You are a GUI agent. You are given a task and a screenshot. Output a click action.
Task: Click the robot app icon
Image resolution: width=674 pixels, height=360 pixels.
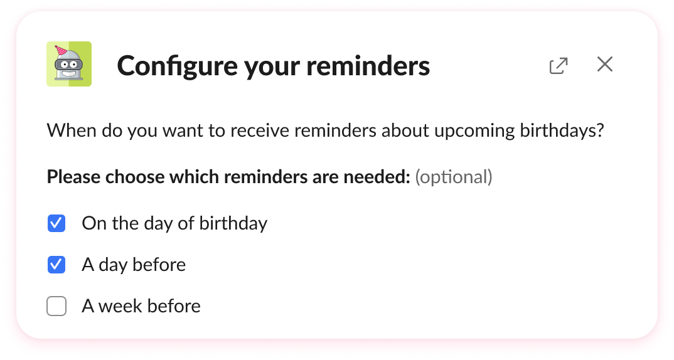pos(69,64)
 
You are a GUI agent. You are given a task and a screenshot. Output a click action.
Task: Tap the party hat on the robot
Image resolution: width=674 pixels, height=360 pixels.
pos(61,50)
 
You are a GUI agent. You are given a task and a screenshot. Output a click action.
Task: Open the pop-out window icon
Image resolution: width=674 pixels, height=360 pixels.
pos(558,65)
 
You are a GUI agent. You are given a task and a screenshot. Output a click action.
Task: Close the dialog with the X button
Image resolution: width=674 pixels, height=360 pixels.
pos(604,64)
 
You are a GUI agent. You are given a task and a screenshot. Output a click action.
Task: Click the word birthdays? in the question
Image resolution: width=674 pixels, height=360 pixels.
pos(562,131)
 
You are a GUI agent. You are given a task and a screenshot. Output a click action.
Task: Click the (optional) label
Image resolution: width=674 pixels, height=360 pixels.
pos(454,177)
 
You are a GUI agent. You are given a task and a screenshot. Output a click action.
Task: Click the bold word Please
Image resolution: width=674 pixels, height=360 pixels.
pos(73,177)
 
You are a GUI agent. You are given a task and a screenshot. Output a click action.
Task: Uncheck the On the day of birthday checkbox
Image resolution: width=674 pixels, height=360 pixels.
pos(56,223)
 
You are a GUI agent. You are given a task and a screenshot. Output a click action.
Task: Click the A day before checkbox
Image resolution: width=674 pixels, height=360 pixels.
pos(56,265)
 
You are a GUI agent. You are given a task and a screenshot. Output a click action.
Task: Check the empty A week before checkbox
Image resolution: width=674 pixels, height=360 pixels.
pos(56,306)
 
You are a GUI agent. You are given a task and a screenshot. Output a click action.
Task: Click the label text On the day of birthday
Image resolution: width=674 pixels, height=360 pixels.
pos(174,223)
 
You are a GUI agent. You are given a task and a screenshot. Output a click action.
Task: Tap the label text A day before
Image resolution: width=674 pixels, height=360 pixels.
pos(134,265)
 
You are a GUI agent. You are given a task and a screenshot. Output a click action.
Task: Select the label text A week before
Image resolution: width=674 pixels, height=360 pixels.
pos(141,306)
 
